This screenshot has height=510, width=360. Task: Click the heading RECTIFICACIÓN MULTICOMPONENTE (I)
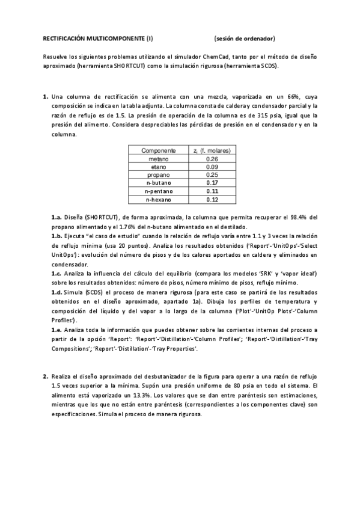(98, 38)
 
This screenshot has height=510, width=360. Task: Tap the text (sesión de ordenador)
(244, 38)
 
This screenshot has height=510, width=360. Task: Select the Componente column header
(159, 150)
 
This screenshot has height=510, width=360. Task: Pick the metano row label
(159, 159)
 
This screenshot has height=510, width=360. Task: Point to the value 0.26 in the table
(212, 159)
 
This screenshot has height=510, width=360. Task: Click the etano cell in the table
(159, 167)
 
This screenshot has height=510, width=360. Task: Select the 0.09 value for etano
(212, 167)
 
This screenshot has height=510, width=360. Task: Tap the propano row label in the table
(159, 174)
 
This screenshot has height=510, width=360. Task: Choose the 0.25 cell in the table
(212, 174)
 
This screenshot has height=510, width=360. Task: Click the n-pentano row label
(159, 191)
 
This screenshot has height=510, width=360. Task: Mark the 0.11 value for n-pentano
(212, 191)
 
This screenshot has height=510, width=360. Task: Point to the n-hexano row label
(159, 199)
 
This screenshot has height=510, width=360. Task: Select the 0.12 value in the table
(212, 199)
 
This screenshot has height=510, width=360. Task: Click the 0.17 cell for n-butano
(212, 182)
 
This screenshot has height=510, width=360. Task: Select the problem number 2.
(45, 376)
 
